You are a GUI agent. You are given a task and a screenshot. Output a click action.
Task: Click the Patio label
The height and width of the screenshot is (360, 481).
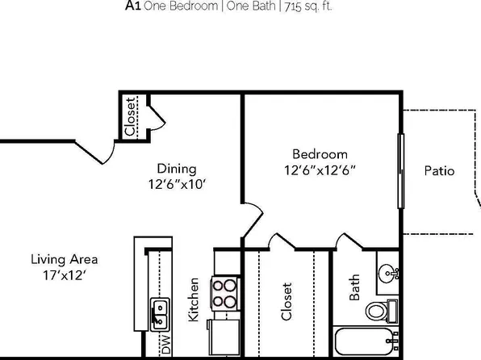(439, 171)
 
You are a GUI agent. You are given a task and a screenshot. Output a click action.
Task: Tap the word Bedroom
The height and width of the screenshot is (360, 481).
(320, 154)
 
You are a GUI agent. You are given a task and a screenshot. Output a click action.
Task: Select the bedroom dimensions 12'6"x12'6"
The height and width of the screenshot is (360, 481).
(320, 170)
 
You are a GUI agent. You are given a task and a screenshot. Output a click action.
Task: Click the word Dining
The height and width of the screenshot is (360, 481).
(176, 169)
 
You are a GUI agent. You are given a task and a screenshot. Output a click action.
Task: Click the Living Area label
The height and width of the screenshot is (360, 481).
(65, 260)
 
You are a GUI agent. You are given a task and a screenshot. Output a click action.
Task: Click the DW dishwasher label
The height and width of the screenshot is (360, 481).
(166, 346)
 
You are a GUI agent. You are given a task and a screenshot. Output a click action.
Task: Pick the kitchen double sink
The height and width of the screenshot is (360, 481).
(159, 308)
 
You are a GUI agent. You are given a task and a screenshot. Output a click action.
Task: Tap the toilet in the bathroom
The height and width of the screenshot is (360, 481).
(378, 310)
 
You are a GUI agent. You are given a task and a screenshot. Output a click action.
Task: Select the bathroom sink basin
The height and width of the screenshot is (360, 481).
(389, 274)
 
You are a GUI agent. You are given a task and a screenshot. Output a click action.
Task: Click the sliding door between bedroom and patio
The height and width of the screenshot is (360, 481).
(401, 172)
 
